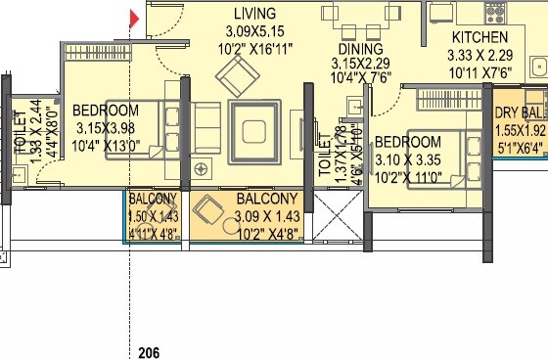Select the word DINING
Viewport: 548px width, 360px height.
tap(360, 49)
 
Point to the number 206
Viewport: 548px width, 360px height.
tap(149, 352)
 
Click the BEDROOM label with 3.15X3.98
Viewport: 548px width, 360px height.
tap(106, 111)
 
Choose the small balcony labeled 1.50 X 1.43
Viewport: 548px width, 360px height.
tap(153, 215)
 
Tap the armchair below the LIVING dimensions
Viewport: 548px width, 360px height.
tap(235, 74)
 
